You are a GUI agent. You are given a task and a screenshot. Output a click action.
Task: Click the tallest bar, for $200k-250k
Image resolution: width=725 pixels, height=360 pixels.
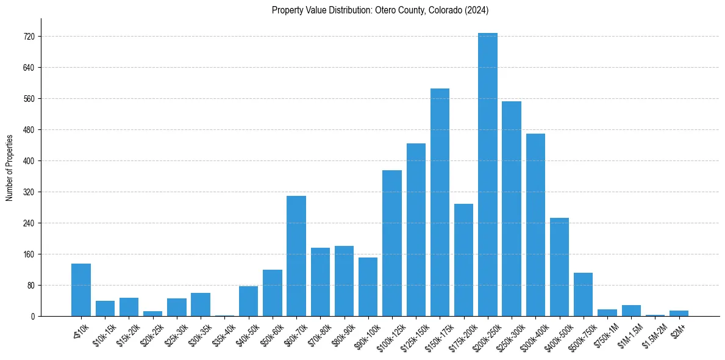(488, 175)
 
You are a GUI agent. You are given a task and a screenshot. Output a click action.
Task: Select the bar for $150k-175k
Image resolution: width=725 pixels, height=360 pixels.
(440, 202)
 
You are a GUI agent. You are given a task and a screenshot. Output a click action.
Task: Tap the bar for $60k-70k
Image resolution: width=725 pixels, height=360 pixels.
(296, 256)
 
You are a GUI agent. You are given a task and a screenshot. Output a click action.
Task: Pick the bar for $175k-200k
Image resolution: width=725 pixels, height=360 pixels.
(463, 260)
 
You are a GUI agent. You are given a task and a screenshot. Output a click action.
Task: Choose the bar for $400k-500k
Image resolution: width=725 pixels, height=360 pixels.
(559, 267)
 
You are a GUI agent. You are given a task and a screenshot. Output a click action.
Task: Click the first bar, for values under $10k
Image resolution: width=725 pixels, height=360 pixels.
(81, 290)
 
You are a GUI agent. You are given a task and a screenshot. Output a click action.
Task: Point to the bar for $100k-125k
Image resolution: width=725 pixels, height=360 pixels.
(392, 243)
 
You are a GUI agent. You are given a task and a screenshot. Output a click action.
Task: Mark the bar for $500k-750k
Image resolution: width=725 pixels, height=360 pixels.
(583, 294)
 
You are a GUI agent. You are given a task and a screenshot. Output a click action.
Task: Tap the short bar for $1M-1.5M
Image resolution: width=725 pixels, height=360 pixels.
(631, 311)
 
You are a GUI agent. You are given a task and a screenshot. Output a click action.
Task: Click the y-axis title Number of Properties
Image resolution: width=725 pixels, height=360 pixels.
(9, 167)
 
